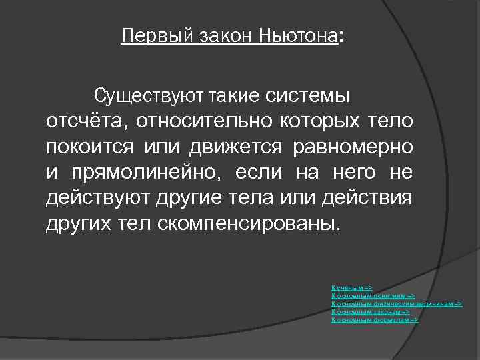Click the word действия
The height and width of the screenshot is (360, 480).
pyautogui.click(x=377, y=197)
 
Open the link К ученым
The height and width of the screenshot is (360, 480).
pyautogui.click(x=351, y=287)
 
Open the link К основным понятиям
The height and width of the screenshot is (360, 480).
pyautogui.click(x=373, y=295)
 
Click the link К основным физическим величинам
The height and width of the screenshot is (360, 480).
pyautogui.click(x=396, y=303)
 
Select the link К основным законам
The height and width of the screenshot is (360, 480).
pyautogui.click(x=369, y=311)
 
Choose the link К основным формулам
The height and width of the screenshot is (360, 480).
pyautogui.click(x=374, y=319)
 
